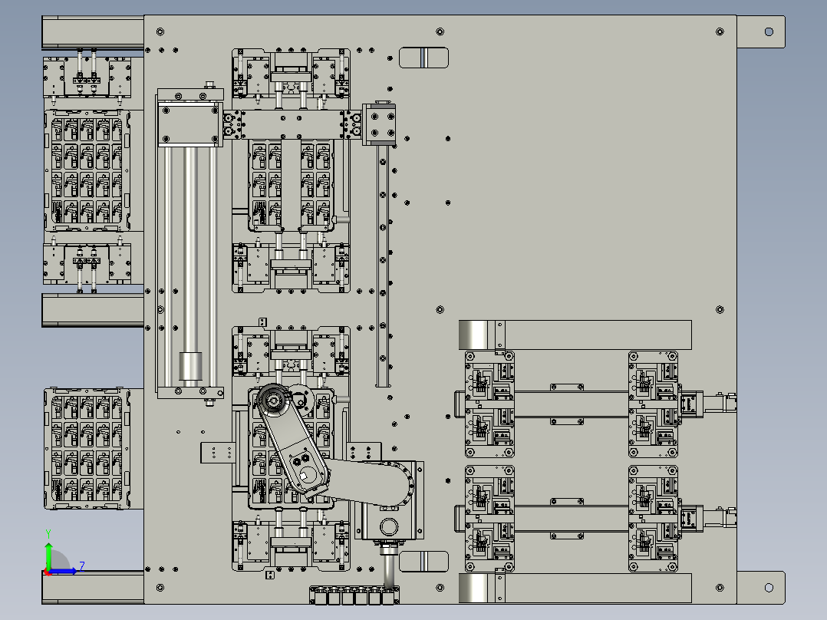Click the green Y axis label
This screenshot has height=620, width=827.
pyautogui.click(x=48, y=533)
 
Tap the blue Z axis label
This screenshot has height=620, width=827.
pyautogui.click(x=82, y=566)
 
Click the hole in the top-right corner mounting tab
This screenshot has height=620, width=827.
pyautogui.click(x=769, y=32)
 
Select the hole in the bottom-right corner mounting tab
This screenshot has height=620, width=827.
pyautogui.click(x=769, y=587)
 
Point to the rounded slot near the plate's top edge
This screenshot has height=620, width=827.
pyautogui.click(x=423, y=58)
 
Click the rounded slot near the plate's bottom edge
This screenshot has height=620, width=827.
pyautogui.click(x=423, y=562)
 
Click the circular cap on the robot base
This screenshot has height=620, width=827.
pyautogui.click(x=389, y=526)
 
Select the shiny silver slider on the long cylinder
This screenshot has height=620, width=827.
pyautogui.click(x=190, y=366)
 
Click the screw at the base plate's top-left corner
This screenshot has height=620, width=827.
pyautogui.click(x=160, y=31)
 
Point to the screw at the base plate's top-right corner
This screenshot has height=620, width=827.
pyautogui.click(x=720, y=31)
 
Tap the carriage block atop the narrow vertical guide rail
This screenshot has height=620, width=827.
pyautogui.click(x=379, y=124)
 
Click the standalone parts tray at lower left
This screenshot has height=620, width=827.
pyautogui.click(x=87, y=449)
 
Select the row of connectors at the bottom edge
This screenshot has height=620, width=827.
pyautogui.click(x=354, y=595)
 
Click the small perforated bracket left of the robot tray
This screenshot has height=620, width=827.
pyautogui.click(x=217, y=453)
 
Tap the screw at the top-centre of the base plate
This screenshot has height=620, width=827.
pyautogui.click(x=440, y=31)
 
